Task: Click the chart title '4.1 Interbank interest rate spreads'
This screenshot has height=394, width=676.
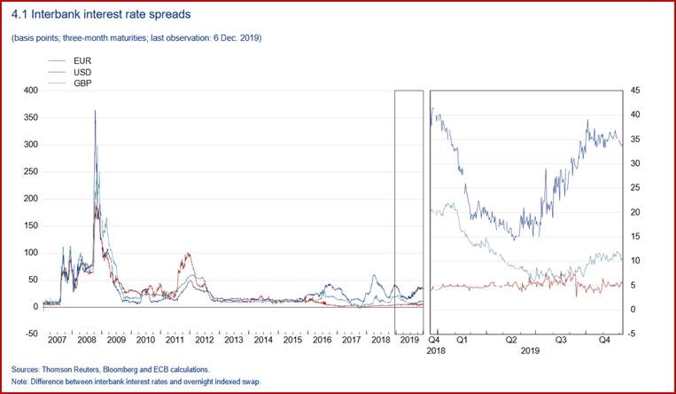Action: tap(101, 15)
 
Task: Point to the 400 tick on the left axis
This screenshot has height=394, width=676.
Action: tap(29, 91)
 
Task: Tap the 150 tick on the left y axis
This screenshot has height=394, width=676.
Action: tap(29, 225)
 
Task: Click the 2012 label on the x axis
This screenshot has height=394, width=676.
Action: tap(205, 340)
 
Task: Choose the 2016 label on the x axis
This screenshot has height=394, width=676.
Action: tap(322, 340)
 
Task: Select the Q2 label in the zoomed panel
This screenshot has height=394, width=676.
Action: tap(511, 339)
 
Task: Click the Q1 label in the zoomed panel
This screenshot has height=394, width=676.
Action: tap(461, 339)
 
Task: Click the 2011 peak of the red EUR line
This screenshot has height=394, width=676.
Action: tap(188, 254)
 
